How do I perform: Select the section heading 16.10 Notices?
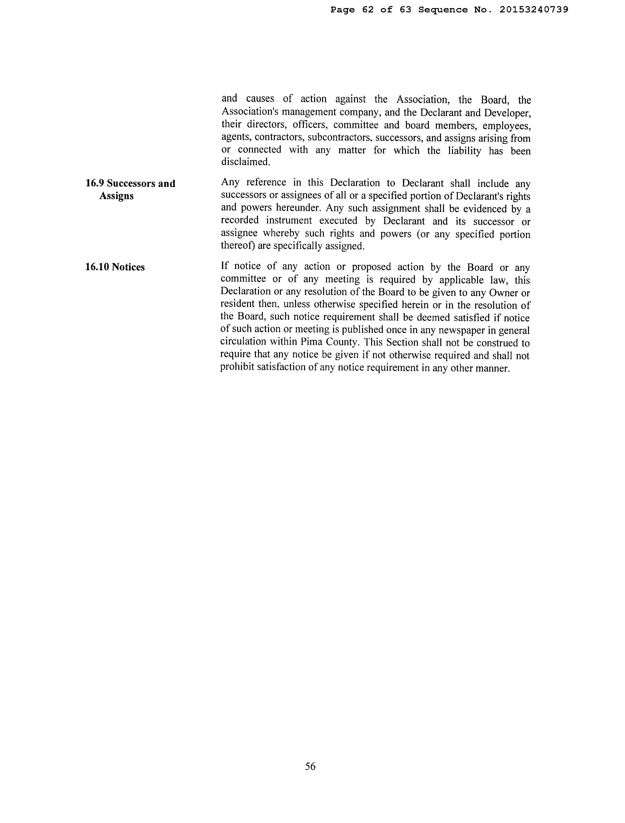pyautogui.click(x=115, y=267)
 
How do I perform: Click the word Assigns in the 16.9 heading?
pyautogui.click(x=116, y=196)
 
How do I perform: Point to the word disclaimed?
pyautogui.click(x=245, y=162)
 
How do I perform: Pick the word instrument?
pyautogui.click(x=289, y=221)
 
